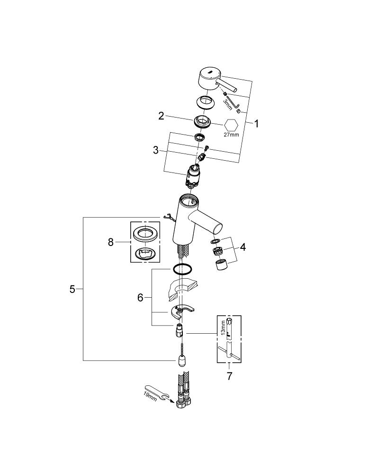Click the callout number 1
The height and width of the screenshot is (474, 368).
pos(256,124)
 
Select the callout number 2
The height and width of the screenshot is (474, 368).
pos(162,116)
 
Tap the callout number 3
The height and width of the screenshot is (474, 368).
pos(156,150)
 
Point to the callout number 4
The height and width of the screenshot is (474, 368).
pos(242,247)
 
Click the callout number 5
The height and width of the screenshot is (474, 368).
pos(72,289)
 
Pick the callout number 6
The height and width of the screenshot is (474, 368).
pos(140,298)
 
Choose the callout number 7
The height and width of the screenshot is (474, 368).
pos(229,376)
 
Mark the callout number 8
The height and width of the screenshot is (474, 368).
pos(111,242)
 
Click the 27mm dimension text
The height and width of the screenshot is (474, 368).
pos(231,135)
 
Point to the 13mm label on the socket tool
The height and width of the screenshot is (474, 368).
pos(223,328)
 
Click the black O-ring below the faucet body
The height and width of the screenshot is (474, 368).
pos(183,269)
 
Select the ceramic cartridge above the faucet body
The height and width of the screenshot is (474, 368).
pos(193,177)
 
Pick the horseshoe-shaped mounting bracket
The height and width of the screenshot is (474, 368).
pos(180,312)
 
